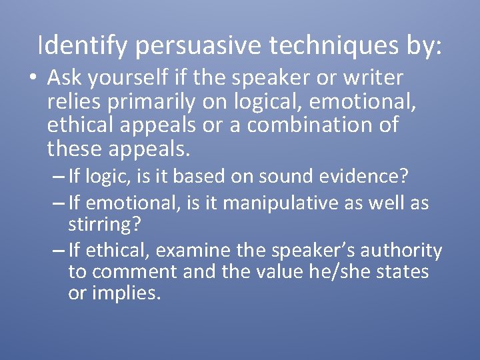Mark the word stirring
pos(104,223)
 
